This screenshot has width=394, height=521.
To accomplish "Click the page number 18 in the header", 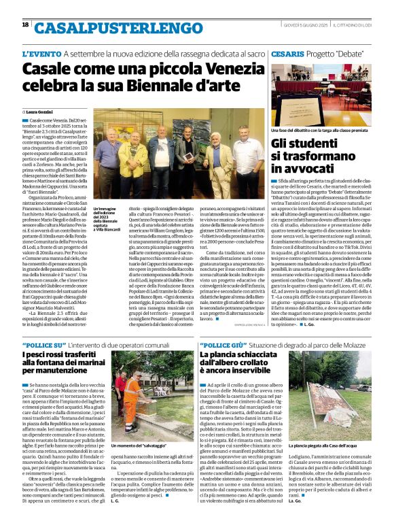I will [25, 24].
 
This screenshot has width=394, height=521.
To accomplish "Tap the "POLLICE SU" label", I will [43, 346].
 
